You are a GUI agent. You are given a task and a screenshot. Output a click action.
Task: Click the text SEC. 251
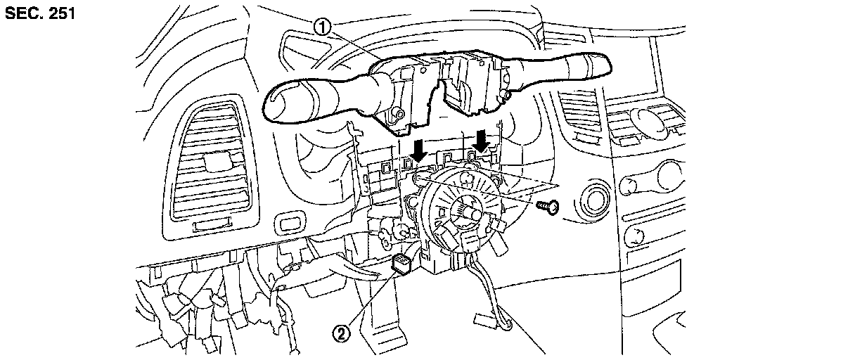pyautogui.click(x=40, y=13)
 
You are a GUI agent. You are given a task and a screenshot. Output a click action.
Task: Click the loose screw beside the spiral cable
pyautogui.click(x=546, y=206)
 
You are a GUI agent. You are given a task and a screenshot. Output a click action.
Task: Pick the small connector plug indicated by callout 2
pyautogui.click(x=404, y=265)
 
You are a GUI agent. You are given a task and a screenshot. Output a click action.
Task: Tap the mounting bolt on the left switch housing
pyautogui.click(x=398, y=112)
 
